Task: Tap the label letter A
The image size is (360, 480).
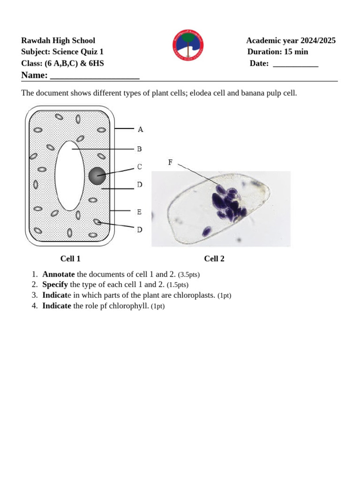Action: click(x=140, y=129)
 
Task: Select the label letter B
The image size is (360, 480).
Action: click(x=139, y=149)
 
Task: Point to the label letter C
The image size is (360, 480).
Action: click(x=139, y=166)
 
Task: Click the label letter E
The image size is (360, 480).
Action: click(x=139, y=212)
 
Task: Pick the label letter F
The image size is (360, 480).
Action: click(x=170, y=163)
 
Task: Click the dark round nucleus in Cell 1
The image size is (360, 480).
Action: click(x=97, y=176)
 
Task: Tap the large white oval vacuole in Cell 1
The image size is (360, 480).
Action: click(x=69, y=175)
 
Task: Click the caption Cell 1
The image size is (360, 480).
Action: click(x=70, y=258)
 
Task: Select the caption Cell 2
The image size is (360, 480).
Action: click(x=214, y=258)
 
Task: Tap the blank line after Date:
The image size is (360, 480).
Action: click(x=295, y=64)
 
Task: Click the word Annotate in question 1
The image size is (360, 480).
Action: click(x=58, y=274)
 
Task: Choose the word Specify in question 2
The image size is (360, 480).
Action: click(x=55, y=285)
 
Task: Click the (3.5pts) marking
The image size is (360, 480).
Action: click(x=192, y=275)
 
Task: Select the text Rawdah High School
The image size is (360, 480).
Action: click(x=58, y=41)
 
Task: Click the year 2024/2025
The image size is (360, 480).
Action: click(x=318, y=41)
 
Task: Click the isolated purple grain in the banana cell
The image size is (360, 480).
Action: click(x=206, y=231)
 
